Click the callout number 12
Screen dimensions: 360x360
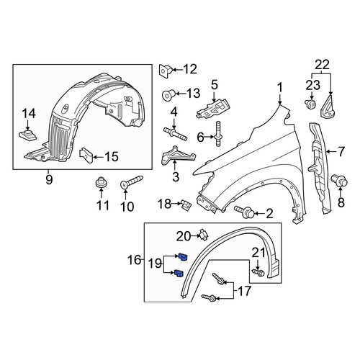[x=190, y=69]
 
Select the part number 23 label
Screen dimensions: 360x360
[x=312, y=85]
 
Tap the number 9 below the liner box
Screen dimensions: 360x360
[x=49, y=179]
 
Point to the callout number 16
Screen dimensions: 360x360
[x=134, y=260]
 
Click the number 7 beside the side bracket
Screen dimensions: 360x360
[x=341, y=152]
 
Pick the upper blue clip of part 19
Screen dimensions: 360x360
[x=183, y=257]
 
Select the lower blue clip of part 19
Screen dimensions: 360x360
[x=179, y=273]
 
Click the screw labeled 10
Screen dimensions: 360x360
[x=131, y=181]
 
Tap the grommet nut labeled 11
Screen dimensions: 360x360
[x=101, y=183]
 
